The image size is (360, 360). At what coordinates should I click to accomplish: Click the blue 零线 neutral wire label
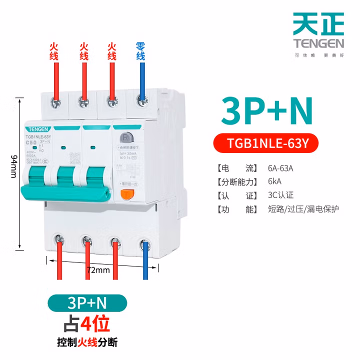point(140,52)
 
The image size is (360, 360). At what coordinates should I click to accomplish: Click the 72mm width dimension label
point(98,270)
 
